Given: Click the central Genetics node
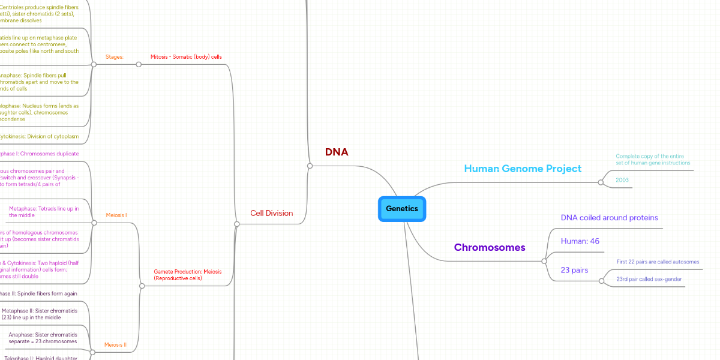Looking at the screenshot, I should point(401,209).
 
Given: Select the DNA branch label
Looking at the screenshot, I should point(337,152).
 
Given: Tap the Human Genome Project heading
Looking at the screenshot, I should point(523,169).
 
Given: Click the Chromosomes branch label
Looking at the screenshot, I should point(490,247).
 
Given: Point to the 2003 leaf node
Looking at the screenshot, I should point(622,179).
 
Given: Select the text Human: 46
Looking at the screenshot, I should point(580,241).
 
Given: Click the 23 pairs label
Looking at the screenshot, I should point(574,270).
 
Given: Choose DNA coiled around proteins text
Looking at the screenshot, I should point(609,218).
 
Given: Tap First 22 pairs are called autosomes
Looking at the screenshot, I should point(658,262).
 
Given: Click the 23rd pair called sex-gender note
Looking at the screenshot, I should point(649,279).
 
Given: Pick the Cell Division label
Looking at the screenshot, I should point(271,213).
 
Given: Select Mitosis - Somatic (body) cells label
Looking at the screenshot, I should point(186,57).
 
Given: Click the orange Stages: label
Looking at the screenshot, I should point(115,57).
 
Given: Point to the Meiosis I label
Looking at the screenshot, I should point(116,215).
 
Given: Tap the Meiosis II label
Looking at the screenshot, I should point(115,345).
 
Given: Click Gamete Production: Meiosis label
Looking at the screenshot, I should point(187,275).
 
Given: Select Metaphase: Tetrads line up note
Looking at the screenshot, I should point(44,212).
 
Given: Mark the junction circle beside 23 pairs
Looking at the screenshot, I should point(601,280).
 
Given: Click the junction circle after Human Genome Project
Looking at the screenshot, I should point(601,182).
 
